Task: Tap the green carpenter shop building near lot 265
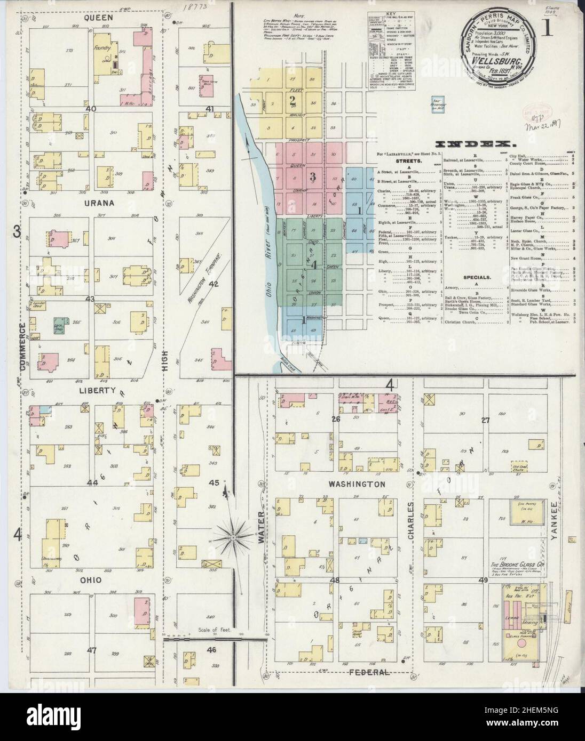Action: (59, 323)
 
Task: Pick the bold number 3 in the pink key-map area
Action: (313, 177)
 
